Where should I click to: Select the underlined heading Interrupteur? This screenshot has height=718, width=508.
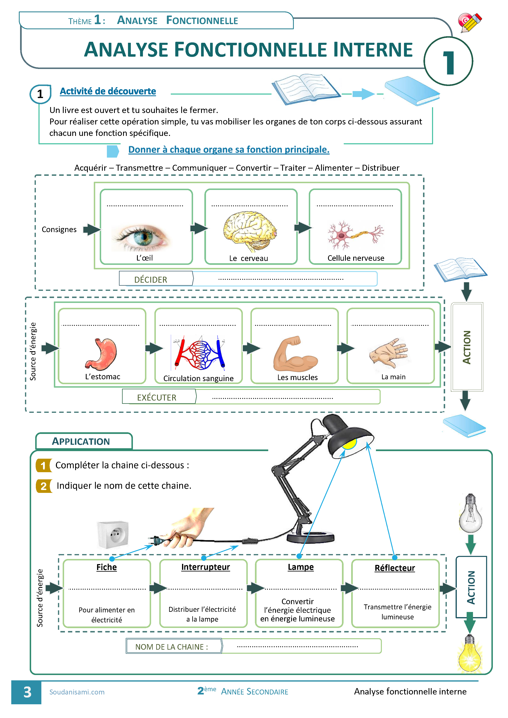206,567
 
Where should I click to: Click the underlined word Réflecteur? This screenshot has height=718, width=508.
395,568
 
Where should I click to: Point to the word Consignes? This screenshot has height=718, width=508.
59,229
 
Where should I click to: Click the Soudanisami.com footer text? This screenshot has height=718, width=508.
77,692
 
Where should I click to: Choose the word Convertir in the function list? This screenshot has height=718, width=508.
253,168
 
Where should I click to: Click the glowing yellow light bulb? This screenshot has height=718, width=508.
469,654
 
